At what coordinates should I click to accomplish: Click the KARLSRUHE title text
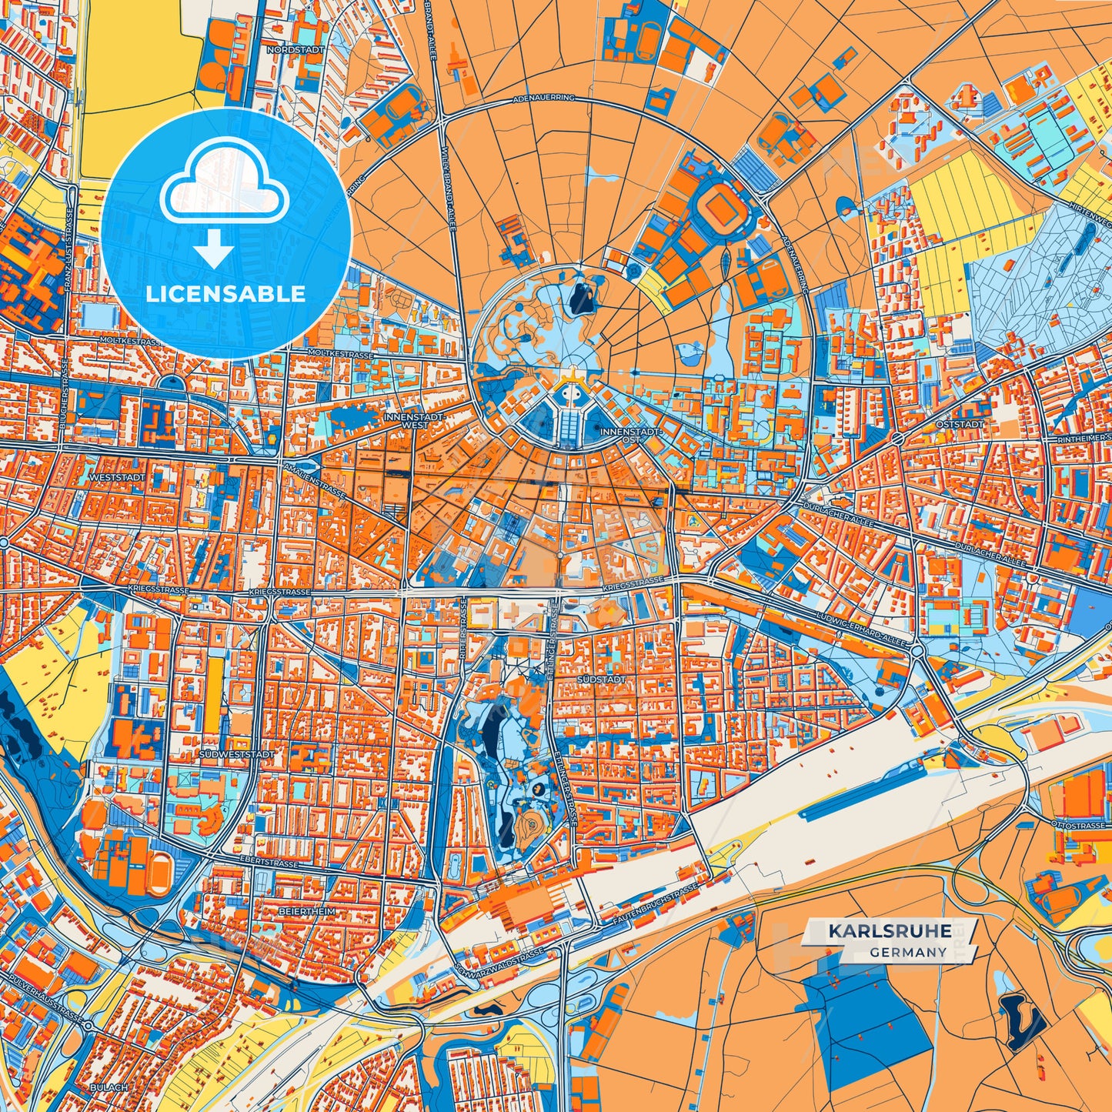pos(889,931)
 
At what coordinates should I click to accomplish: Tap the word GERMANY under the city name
pos(909,952)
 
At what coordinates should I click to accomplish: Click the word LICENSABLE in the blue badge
pos(226,294)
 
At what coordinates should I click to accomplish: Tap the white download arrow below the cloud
pos(215,248)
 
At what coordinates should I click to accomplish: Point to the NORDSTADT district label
pos(296,49)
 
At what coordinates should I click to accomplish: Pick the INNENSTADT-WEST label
pos(405,420)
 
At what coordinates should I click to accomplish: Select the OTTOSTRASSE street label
pos(1083,826)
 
